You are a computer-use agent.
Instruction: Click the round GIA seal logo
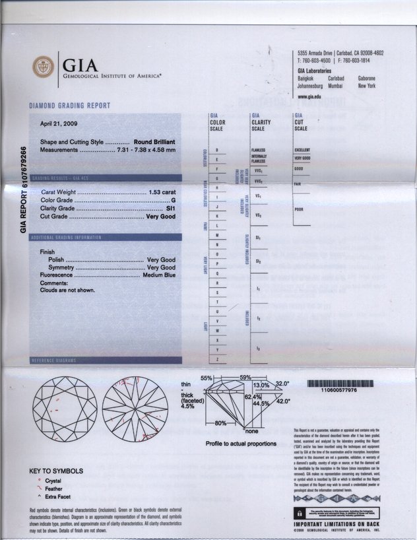44,67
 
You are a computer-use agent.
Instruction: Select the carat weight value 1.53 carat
162,191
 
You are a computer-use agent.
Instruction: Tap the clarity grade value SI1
170,208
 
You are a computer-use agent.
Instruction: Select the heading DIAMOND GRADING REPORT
69,106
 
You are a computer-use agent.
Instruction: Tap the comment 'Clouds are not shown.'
68,290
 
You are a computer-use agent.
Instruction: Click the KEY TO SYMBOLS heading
57,471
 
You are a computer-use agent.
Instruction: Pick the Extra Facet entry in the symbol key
58,496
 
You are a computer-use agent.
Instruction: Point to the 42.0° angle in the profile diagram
283,401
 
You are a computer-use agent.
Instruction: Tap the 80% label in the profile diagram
220,422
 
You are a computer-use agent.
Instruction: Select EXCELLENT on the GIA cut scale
302,150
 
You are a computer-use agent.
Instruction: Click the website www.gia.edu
309,96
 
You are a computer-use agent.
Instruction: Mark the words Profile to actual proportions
241,444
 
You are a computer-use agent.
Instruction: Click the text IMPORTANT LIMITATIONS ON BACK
345,523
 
